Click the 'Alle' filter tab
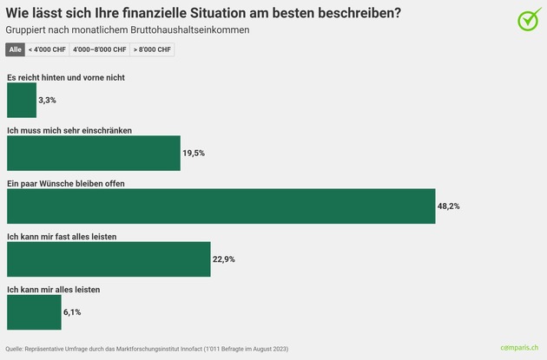click(x=16, y=49)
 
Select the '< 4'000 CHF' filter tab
click(x=47, y=49)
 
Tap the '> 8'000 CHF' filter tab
click(x=152, y=49)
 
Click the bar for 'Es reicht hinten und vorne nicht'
click(x=22, y=101)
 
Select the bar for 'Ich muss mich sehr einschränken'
click(x=93, y=153)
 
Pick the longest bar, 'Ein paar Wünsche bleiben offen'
click(x=221, y=206)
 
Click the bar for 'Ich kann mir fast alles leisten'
click(x=109, y=259)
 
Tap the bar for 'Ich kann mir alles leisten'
click(x=34, y=312)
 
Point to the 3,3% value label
click(x=48, y=101)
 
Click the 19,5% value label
click(x=194, y=154)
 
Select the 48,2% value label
click(x=449, y=206)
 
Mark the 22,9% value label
click(x=224, y=259)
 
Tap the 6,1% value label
click(x=73, y=312)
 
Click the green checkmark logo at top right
click(x=529, y=19)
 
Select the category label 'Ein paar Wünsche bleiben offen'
click(x=65, y=183)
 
